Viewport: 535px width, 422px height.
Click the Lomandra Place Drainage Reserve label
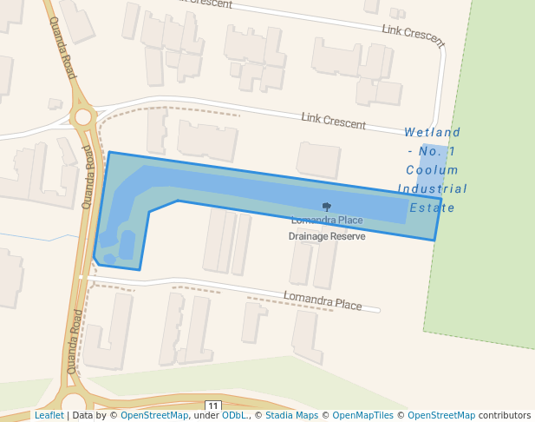[x=326, y=227]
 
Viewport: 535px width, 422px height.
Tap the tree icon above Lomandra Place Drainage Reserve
[x=327, y=207]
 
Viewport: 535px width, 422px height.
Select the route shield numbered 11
[x=213, y=406]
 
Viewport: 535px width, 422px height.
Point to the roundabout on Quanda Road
[x=83, y=116]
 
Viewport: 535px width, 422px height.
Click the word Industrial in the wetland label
[x=433, y=188]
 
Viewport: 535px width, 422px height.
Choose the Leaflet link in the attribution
[x=49, y=415]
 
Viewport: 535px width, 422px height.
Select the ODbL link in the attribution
[x=233, y=415]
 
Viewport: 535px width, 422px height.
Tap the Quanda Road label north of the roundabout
[x=63, y=48]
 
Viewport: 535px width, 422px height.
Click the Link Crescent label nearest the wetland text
[x=333, y=121]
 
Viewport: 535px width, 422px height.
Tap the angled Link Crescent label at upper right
[x=414, y=35]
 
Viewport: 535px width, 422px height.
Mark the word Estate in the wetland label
[x=433, y=208]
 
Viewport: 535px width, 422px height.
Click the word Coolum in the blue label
[x=433, y=170]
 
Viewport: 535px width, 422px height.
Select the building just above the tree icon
[x=319, y=160]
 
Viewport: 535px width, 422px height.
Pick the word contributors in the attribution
[x=505, y=415]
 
